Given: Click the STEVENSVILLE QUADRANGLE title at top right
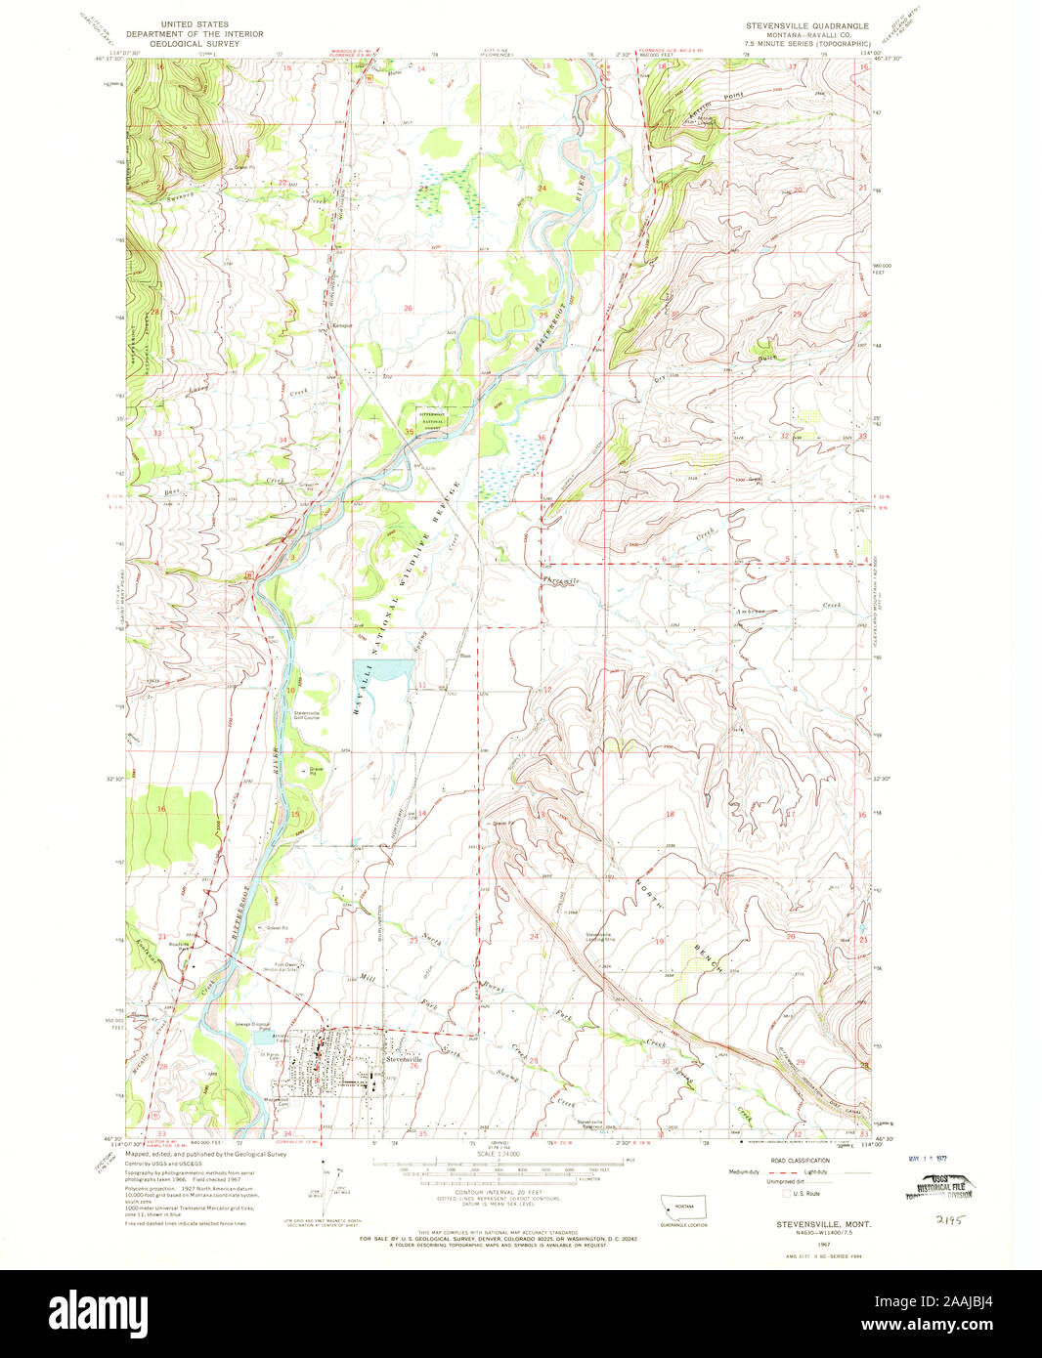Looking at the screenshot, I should coord(806,24).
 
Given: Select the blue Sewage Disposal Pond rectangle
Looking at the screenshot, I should coord(262,1027).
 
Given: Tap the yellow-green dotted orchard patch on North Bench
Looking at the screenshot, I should coord(697,961).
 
